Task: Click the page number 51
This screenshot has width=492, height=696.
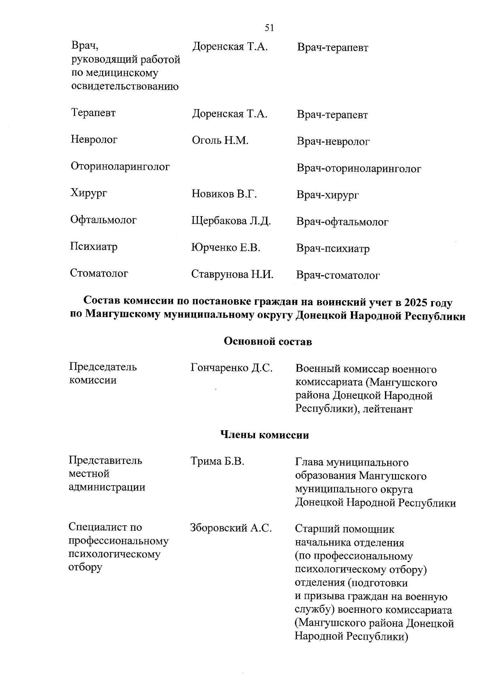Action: point(269,28)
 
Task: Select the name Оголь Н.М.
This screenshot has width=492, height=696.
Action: point(220,141)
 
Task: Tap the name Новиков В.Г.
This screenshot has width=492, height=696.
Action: point(224,194)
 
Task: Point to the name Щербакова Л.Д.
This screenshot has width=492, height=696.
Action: point(231,221)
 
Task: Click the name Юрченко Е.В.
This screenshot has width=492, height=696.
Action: point(225,248)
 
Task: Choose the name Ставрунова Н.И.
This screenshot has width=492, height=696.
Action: point(232,274)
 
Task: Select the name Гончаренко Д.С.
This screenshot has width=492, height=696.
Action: point(231,368)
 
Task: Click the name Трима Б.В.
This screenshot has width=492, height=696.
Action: point(217,461)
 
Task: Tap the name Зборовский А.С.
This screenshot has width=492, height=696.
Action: point(231,528)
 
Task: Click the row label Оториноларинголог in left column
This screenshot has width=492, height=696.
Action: point(120,167)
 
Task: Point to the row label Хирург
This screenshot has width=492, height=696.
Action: point(89,193)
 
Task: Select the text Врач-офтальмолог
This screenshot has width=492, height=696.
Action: point(342,222)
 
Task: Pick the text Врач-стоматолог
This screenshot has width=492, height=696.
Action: point(338,276)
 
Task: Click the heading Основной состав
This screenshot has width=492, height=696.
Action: point(268,341)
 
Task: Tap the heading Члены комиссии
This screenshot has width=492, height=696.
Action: point(264,435)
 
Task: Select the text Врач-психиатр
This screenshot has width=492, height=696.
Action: point(333,249)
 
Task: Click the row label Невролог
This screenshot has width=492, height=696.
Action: point(94,139)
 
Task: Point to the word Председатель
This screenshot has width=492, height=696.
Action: point(102,367)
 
